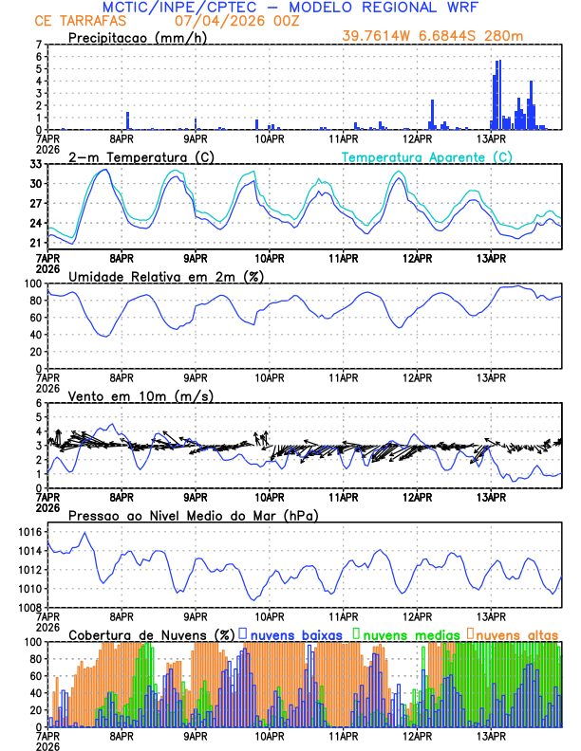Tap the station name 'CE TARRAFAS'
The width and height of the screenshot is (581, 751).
click(72, 21)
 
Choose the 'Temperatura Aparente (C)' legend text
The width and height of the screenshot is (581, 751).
click(427, 156)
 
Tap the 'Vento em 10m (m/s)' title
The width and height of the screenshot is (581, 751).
click(141, 395)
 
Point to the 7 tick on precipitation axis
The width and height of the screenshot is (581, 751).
click(37, 45)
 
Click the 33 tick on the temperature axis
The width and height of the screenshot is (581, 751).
click(34, 164)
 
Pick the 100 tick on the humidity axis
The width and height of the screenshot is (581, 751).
click(31, 284)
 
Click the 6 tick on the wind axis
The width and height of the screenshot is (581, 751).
click(37, 403)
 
